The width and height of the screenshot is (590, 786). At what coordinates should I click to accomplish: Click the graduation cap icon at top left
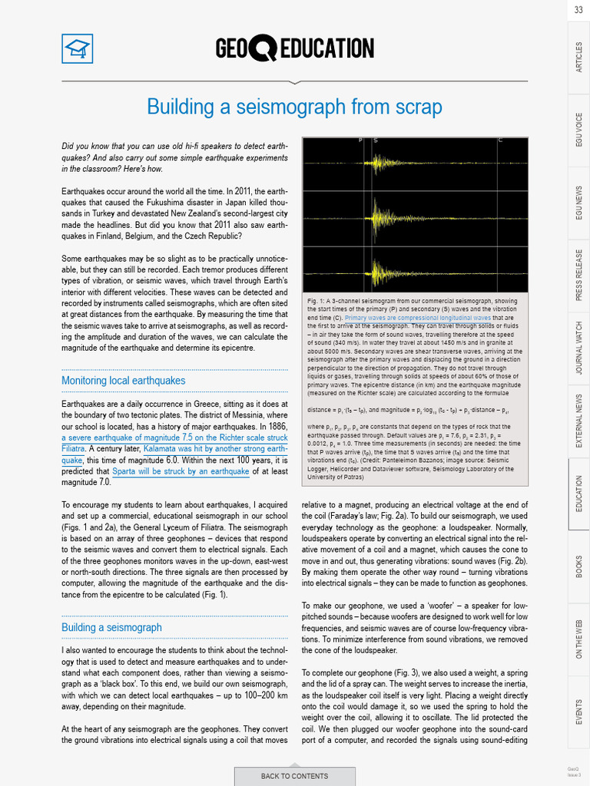pos(77,50)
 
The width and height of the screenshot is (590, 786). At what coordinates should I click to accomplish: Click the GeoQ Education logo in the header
pos(295,50)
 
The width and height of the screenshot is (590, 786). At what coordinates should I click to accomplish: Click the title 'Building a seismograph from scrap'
pos(294,107)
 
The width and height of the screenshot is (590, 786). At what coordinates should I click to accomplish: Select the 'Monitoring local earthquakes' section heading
pos(123,381)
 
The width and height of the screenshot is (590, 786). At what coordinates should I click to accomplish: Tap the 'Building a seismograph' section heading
pos(111,627)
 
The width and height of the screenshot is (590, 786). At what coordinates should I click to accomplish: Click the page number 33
pos(578,10)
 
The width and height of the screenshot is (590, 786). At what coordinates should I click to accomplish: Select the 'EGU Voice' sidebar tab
pos(578,129)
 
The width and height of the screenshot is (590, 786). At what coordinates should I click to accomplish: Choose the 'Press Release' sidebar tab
pos(578,274)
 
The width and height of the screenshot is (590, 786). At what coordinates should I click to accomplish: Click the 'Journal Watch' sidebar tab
pos(578,348)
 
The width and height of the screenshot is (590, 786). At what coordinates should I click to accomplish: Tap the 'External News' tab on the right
pos(578,421)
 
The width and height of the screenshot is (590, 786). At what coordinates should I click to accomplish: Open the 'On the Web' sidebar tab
pos(578,638)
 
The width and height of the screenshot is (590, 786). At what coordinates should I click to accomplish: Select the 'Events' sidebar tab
pos(578,711)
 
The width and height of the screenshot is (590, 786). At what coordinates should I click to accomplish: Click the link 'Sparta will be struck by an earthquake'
pos(181,471)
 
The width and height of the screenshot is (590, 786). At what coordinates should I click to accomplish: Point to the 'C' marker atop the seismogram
pos(500,140)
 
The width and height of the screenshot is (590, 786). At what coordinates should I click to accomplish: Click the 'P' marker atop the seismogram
pos(360,140)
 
